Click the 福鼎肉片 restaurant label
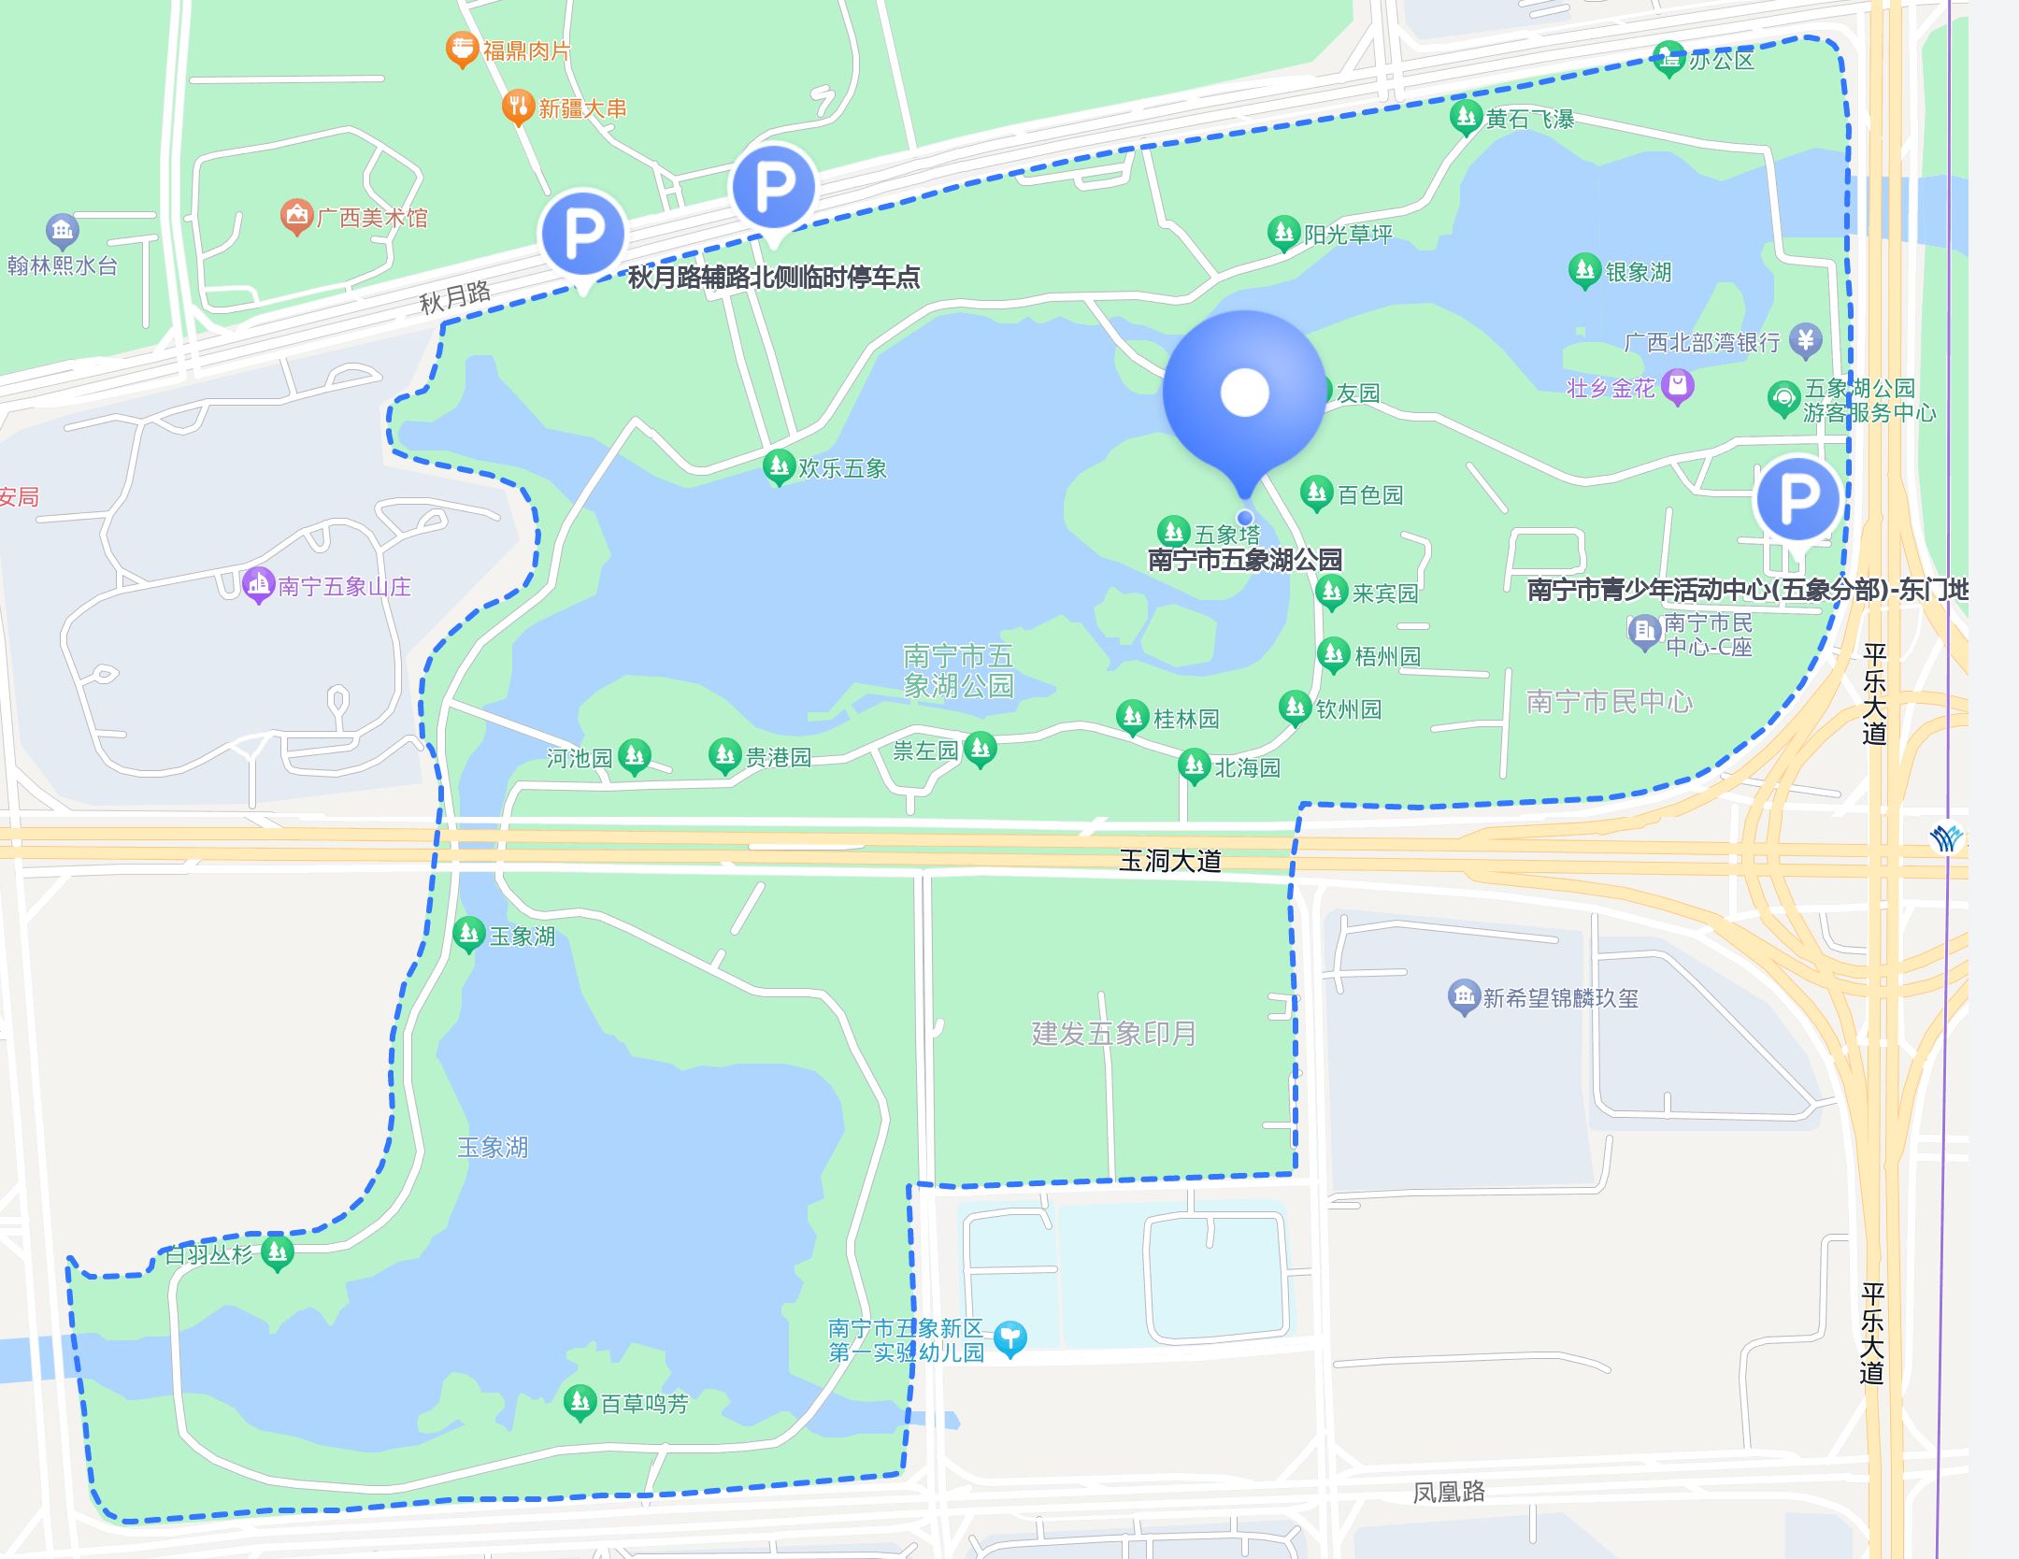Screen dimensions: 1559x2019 pyautogui.click(x=526, y=50)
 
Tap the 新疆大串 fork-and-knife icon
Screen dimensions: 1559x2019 pyautogui.click(x=517, y=107)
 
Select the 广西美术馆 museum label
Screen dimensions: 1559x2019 pyautogui.click(x=372, y=218)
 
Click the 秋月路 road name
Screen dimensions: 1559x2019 pyautogui.click(x=454, y=297)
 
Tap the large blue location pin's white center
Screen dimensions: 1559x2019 pyautogui.click(x=1244, y=392)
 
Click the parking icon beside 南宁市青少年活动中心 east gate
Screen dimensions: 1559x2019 pyautogui.click(x=1797, y=498)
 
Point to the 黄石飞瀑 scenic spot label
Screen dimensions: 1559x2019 pyautogui.click(x=1529, y=119)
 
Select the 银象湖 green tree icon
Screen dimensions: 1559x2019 pyautogui.click(x=1584, y=270)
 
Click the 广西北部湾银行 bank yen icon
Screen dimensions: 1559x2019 pyautogui.click(x=1805, y=340)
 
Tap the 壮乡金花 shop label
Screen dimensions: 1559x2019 pyautogui.click(x=1611, y=388)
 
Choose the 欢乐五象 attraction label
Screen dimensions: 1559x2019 pyautogui.click(x=841, y=468)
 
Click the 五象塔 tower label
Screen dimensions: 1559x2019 pyautogui.click(x=1226, y=535)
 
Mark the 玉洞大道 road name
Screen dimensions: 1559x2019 pyautogui.click(x=1170, y=860)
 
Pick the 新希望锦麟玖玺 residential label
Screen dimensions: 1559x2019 pyautogui.click(x=1560, y=998)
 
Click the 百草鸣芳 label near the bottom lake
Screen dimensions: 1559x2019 pyautogui.click(x=644, y=1404)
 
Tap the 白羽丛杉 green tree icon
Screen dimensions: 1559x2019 pyautogui.click(x=277, y=1251)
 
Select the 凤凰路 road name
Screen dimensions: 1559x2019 pyautogui.click(x=1448, y=1492)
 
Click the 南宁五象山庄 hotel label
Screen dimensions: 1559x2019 pyautogui.click(x=344, y=586)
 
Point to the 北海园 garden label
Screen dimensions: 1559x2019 pyautogui.click(x=1246, y=768)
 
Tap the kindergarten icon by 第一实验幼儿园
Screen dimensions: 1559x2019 pyautogui.click(x=1009, y=1337)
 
